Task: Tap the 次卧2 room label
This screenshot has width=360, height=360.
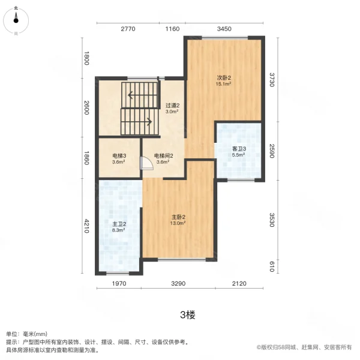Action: click(224, 78)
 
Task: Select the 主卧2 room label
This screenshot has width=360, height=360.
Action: click(176, 217)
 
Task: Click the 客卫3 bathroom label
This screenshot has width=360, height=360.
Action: click(239, 149)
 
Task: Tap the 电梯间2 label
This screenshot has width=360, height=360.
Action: click(163, 155)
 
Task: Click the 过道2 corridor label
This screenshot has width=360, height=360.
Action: click(173, 105)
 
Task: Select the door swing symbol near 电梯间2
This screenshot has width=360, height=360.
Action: click(145, 164)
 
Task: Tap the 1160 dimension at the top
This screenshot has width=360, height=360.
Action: click(172, 29)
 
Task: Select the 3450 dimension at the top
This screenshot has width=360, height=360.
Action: click(224, 29)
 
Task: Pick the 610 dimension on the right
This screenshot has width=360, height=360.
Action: click(272, 266)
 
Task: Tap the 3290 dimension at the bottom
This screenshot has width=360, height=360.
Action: click(179, 285)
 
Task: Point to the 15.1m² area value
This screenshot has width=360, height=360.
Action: click(224, 85)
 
